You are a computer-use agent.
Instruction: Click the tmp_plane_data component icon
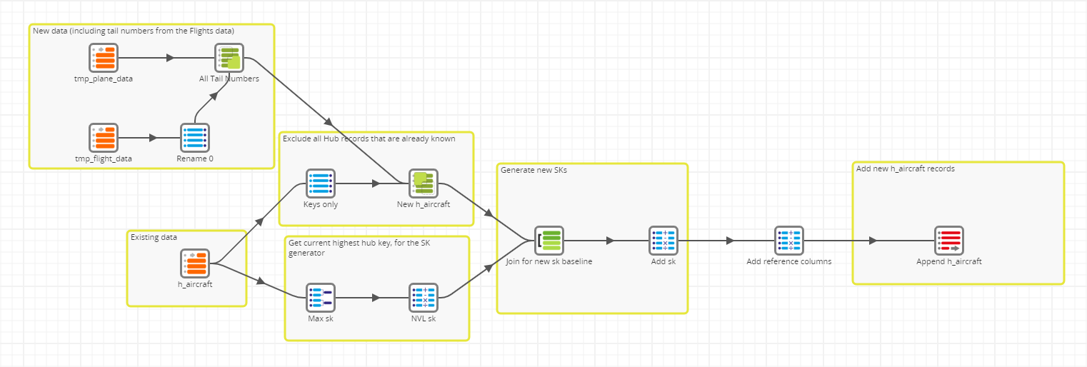point(104,58)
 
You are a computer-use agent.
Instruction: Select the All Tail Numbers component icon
point(229,58)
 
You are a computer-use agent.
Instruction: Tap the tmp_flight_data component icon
point(104,138)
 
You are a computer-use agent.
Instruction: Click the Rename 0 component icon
point(195,138)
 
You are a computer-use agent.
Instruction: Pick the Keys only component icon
point(321,183)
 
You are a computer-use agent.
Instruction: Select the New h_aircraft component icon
point(424,183)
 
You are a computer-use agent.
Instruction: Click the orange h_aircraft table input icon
point(195,263)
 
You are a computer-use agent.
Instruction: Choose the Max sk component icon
point(321,298)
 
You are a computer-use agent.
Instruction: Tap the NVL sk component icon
point(424,298)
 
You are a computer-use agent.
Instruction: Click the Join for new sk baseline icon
point(549,241)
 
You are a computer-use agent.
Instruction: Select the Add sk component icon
point(663,241)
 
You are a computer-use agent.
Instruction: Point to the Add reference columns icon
point(789,241)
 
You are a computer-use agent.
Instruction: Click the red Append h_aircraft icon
point(949,241)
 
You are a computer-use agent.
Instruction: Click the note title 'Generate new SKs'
point(534,170)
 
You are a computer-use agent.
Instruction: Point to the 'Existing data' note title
point(154,237)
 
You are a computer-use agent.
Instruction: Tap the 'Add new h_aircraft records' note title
point(906,169)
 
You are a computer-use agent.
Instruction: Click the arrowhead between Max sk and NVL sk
point(376,298)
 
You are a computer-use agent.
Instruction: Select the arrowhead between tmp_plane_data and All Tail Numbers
point(170,58)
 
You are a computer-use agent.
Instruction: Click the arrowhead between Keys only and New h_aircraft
point(376,183)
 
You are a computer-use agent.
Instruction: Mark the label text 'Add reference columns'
point(789,261)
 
